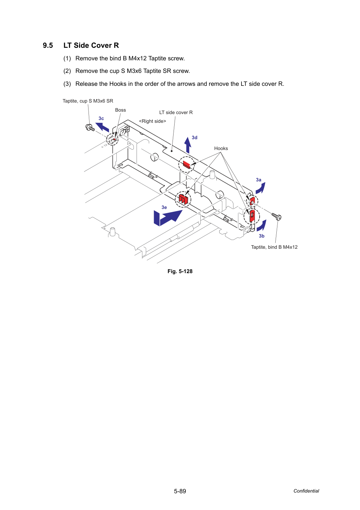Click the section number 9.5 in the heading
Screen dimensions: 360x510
coord(48,45)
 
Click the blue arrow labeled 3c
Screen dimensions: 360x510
coord(102,127)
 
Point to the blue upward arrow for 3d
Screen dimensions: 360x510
coord(187,145)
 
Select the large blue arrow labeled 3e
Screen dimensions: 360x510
coord(168,218)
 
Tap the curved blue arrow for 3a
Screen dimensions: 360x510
coord(261,188)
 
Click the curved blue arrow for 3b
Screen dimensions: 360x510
coord(261,226)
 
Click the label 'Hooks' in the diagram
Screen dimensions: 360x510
coord(221,149)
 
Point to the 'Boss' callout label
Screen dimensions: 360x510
coord(120,110)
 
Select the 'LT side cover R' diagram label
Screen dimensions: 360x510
coord(176,112)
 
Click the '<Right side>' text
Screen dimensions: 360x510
coord(152,121)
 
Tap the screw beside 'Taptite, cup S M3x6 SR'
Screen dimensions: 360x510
coord(90,128)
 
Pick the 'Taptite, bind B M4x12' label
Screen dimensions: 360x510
coord(274,247)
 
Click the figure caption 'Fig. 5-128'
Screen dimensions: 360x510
coord(180,271)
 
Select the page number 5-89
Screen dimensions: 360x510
coord(180,491)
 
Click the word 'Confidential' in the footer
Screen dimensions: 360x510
coord(306,491)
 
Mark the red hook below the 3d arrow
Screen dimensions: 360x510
coord(186,164)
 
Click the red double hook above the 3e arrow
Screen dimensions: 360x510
coord(183,199)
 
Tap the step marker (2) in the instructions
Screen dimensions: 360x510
coord(67,71)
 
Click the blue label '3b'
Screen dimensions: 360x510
coord(261,236)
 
